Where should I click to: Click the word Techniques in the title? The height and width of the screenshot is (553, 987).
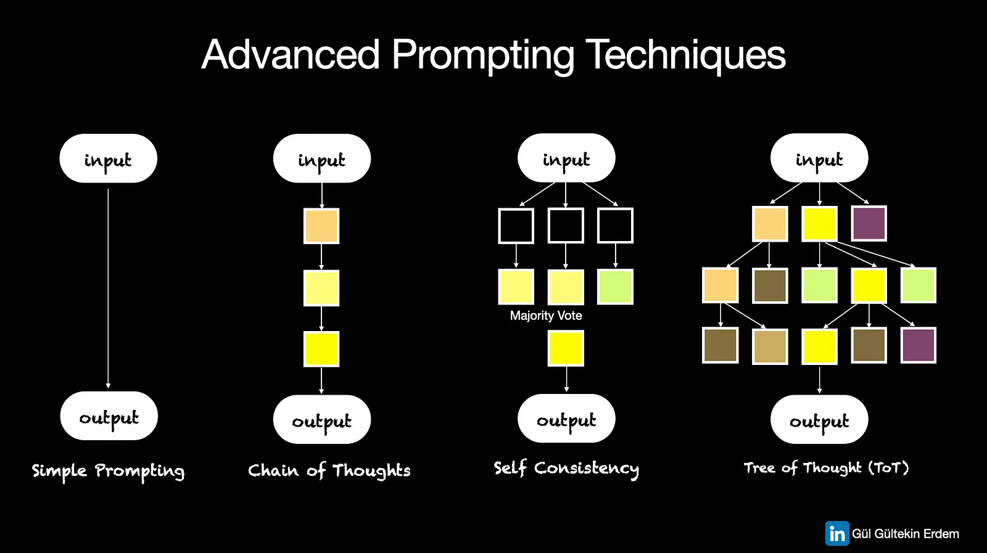tap(685, 55)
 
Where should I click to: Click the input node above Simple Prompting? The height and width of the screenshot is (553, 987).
tap(109, 158)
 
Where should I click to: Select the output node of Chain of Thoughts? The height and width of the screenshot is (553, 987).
tap(321, 419)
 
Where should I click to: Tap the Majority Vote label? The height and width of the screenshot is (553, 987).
tap(546, 316)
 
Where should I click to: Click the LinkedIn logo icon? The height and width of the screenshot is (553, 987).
tap(836, 534)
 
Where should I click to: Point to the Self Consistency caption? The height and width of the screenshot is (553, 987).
tap(566, 469)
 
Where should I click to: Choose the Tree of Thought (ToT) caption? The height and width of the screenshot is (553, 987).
tap(826, 468)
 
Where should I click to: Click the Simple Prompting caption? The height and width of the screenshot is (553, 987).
tap(109, 471)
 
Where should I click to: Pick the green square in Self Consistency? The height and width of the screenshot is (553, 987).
tap(615, 287)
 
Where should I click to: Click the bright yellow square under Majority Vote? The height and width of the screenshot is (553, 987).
tap(566, 349)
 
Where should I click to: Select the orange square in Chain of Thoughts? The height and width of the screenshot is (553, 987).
tap(321, 226)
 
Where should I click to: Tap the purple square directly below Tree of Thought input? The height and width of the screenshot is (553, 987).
tap(869, 223)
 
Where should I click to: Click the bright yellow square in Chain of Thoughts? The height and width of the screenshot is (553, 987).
tap(321, 349)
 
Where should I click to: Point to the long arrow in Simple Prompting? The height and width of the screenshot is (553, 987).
tap(108, 289)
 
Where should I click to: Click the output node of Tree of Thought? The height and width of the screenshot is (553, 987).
tap(820, 419)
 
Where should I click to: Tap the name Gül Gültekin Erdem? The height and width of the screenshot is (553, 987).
tap(906, 534)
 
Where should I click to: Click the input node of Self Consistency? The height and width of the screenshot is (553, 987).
tap(566, 158)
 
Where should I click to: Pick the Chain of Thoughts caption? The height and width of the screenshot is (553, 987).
tap(329, 470)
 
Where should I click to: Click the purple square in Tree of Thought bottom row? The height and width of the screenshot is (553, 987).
tap(919, 345)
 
